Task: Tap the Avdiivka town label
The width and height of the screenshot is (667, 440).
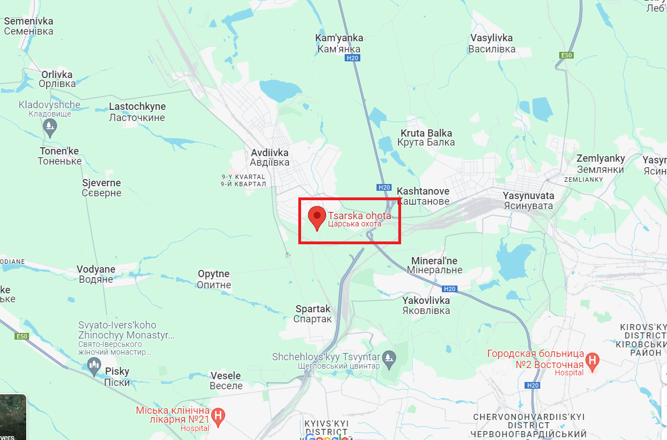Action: coord(270,157)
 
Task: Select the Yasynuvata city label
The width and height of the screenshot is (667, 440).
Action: coord(528,201)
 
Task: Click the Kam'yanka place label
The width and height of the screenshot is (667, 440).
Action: coord(339,43)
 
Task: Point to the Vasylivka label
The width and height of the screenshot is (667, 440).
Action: coord(492,43)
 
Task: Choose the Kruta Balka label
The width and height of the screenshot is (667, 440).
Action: coord(426,137)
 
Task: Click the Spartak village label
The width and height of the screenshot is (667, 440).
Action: coord(313,314)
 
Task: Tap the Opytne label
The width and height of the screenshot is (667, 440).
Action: coord(214,279)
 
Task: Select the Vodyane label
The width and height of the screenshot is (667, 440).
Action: coord(96,274)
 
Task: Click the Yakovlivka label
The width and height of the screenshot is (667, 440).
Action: coord(426,305)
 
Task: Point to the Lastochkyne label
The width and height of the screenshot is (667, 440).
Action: coord(137,112)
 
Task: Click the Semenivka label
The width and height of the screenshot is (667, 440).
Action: coord(28,26)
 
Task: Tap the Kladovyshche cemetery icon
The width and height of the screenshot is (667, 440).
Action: coord(50,127)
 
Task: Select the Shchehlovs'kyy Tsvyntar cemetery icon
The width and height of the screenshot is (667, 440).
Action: coord(388,357)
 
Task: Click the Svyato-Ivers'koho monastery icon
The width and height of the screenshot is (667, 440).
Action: coord(94,366)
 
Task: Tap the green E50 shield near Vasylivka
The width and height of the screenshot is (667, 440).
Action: coord(566,55)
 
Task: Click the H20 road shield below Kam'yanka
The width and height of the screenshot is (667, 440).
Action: coord(352,58)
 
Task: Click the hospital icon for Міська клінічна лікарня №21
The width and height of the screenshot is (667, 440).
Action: coord(220,415)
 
